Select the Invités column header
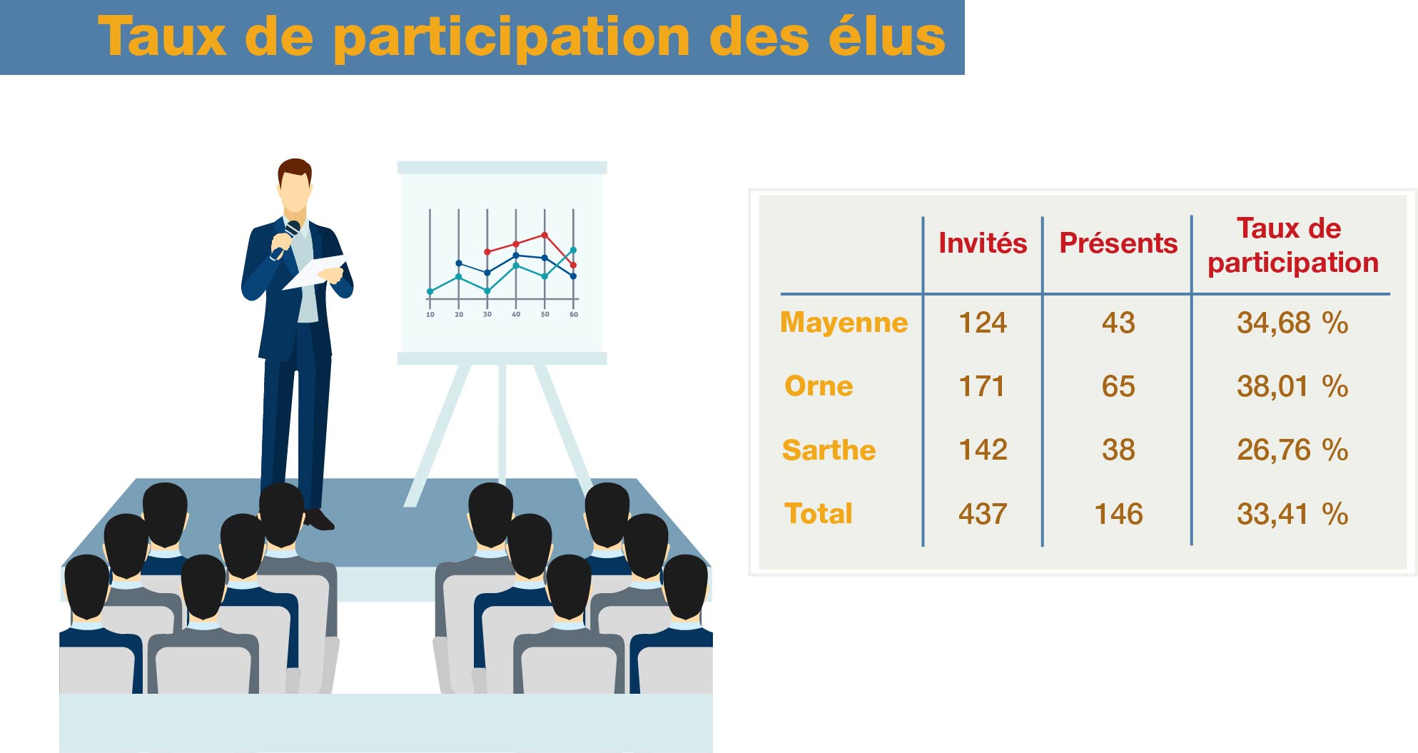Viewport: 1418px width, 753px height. click(x=983, y=243)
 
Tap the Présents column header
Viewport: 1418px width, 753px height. click(x=1118, y=243)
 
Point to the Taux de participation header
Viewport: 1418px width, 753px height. click(x=1292, y=246)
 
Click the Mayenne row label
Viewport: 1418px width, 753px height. click(x=844, y=323)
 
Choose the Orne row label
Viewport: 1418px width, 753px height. click(x=819, y=386)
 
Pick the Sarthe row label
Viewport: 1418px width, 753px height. click(x=829, y=450)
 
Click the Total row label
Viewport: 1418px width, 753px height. click(x=819, y=514)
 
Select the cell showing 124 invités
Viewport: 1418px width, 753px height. click(x=983, y=323)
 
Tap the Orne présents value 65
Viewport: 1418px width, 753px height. click(x=1118, y=386)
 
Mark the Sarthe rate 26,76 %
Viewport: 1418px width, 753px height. click(x=1292, y=450)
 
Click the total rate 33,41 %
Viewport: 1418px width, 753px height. click(x=1292, y=514)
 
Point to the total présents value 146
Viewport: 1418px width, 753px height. click(x=1118, y=514)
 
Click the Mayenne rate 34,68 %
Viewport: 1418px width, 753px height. click(x=1292, y=323)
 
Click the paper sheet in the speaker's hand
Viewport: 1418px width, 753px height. click(x=314, y=272)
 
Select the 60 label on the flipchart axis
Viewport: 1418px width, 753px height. click(x=574, y=314)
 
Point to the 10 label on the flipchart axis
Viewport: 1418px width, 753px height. click(x=430, y=314)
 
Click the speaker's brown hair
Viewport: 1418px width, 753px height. click(x=295, y=170)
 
